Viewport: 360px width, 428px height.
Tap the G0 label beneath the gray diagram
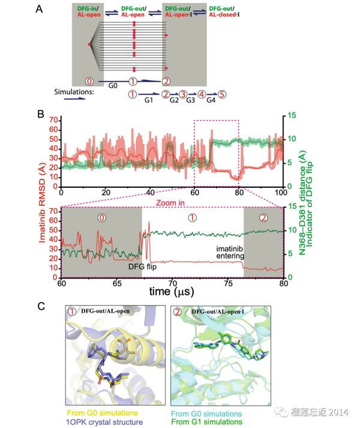(x=112, y=86)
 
